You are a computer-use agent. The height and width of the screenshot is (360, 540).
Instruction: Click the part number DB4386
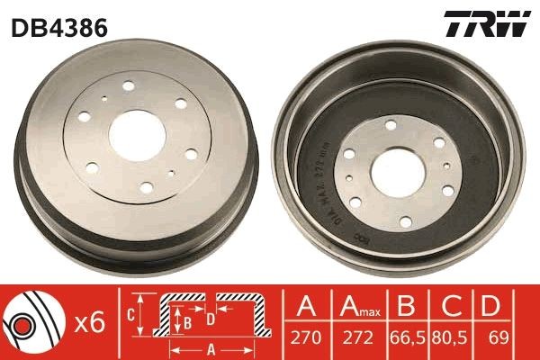coord(59,27)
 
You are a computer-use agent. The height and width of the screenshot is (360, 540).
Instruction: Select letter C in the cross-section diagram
coord(130,315)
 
